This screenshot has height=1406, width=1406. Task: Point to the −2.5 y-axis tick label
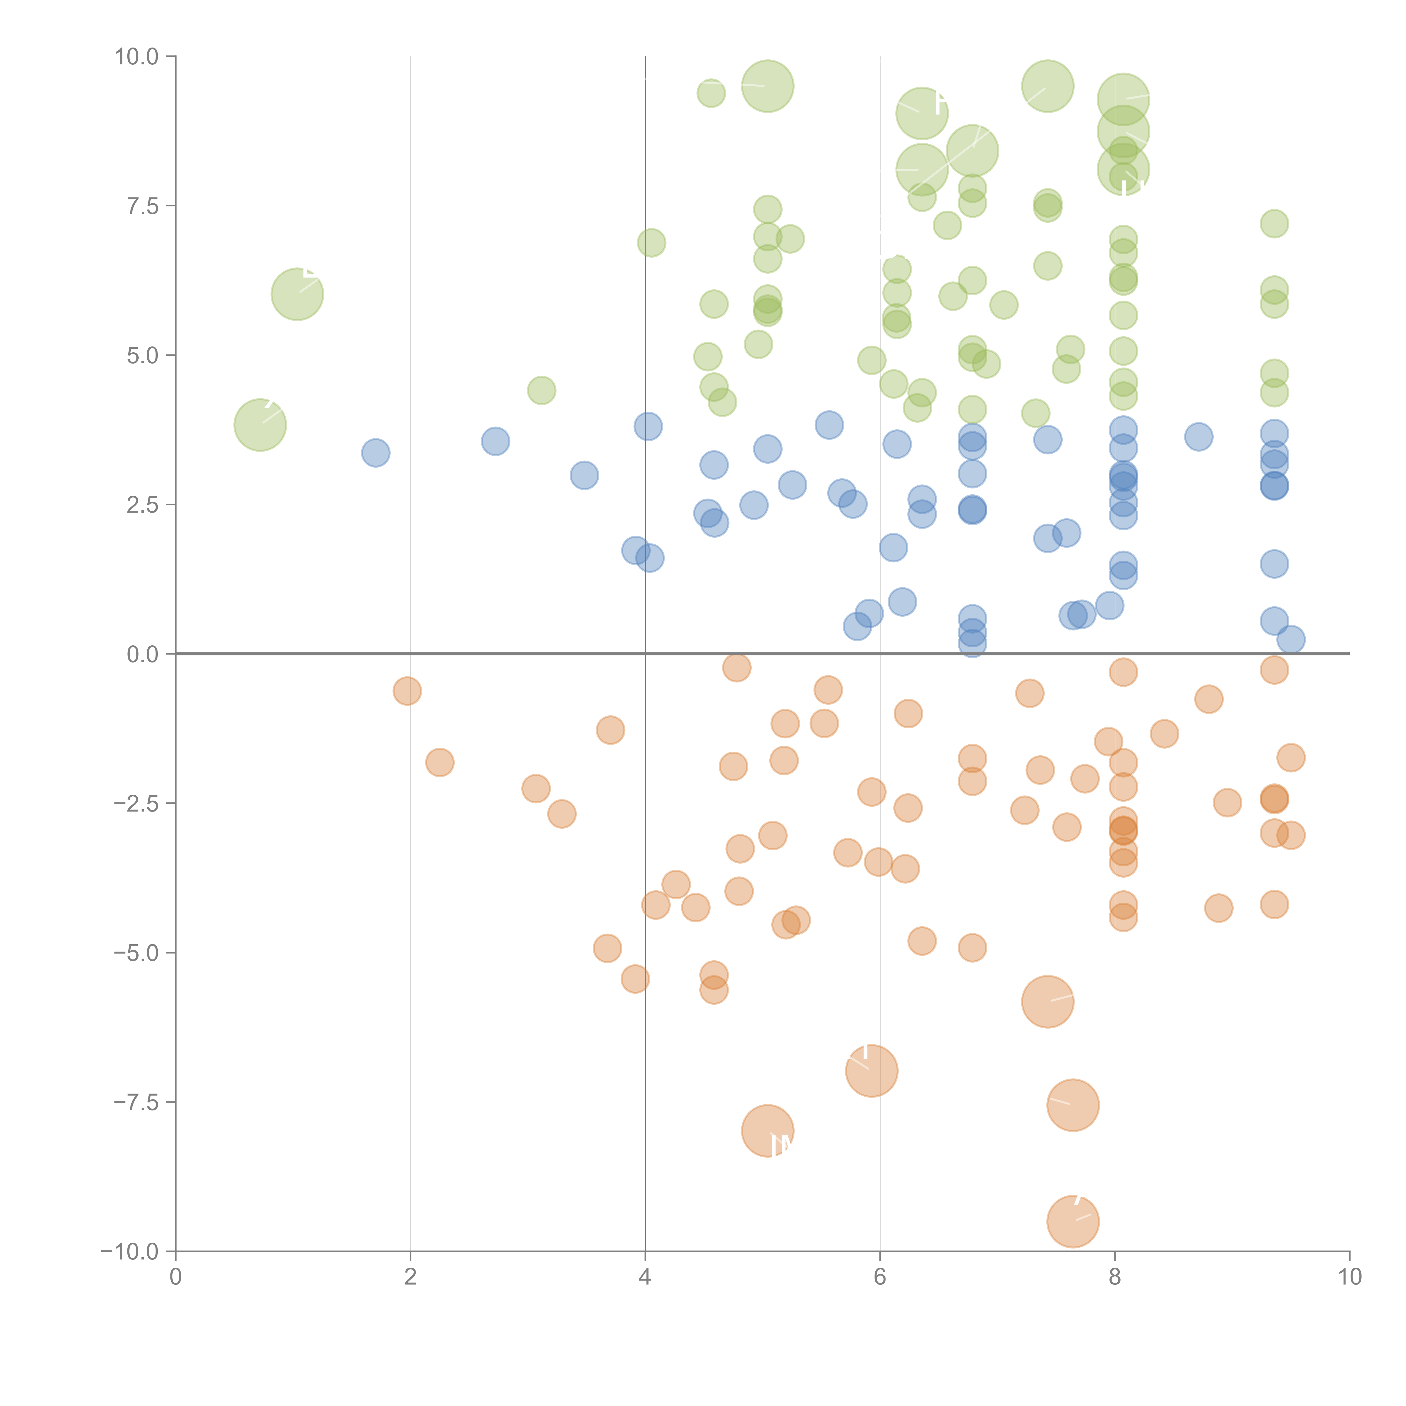click(x=136, y=803)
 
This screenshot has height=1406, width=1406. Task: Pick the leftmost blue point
click(x=375, y=453)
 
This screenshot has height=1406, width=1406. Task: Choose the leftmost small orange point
click(x=407, y=691)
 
